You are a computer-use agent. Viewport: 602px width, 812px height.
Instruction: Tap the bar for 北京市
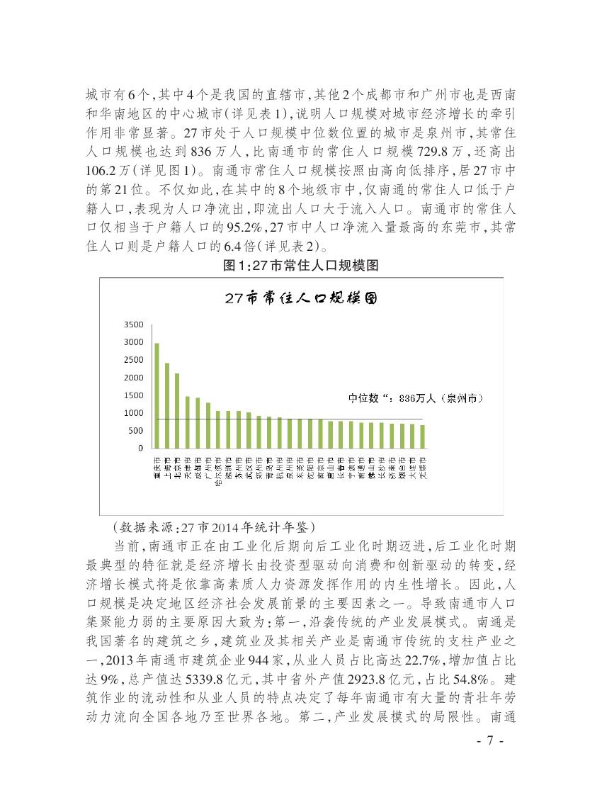[x=177, y=410]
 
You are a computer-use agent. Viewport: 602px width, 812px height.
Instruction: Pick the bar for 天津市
[x=188, y=422]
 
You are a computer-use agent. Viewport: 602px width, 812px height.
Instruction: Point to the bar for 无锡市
[x=423, y=436]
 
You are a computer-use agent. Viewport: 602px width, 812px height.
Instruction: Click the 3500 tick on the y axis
[x=135, y=325]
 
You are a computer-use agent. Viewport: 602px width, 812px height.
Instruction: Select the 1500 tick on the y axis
[x=135, y=395]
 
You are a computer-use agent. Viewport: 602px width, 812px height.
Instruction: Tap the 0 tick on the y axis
[x=140, y=449]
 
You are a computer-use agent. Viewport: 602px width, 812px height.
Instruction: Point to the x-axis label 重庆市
[x=157, y=468]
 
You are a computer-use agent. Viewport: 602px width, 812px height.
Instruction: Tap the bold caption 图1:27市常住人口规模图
[x=301, y=266]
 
